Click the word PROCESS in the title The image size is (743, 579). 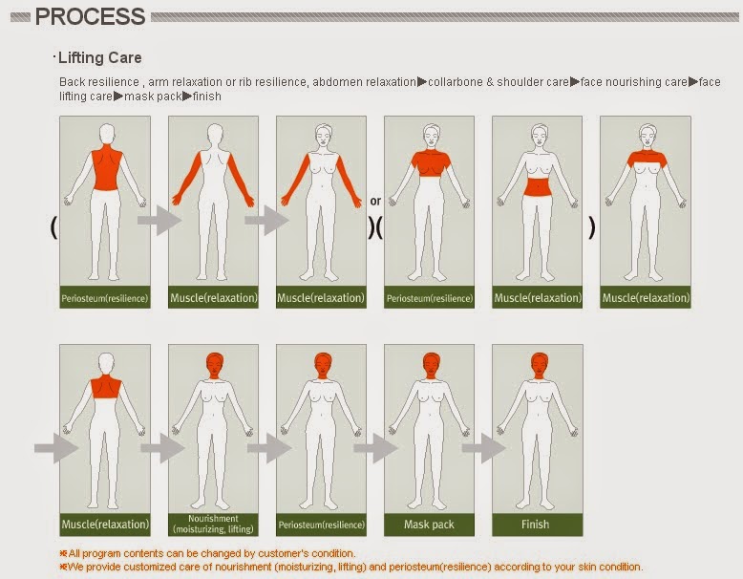pyautogui.click(x=90, y=16)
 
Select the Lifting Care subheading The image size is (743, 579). pyautogui.click(x=99, y=58)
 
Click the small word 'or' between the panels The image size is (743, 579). pyautogui.click(x=375, y=202)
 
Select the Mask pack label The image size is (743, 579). pyautogui.click(x=429, y=525)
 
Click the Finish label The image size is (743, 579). pyautogui.click(x=536, y=525)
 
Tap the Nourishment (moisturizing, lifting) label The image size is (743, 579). pyautogui.click(x=213, y=524)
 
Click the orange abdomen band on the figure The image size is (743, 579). pyautogui.click(x=537, y=186)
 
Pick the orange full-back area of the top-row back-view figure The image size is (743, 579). pyautogui.click(x=107, y=168)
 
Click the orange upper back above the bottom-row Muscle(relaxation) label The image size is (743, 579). pyautogui.click(x=106, y=386)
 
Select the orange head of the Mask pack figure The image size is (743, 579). pyautogui.click(x=431, y=365)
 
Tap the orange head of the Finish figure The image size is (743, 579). pyautogui.click(x=539, y=365)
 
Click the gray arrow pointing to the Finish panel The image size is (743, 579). pyautogui.click(x=483, y=448)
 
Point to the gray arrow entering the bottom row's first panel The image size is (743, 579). pyautogui.click(x=56, y=448)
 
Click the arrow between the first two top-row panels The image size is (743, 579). pyautogui.click(x=159, y=220)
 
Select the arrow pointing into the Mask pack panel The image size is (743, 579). pyautogui.click(x=375, y=448)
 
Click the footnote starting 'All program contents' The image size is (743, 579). pyautogui.click(x=207, y=553)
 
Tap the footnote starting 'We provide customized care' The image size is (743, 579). pyautogui.click(x=351, y=567)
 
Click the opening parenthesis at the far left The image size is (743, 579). pyautogui.click(x=53, y=227)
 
